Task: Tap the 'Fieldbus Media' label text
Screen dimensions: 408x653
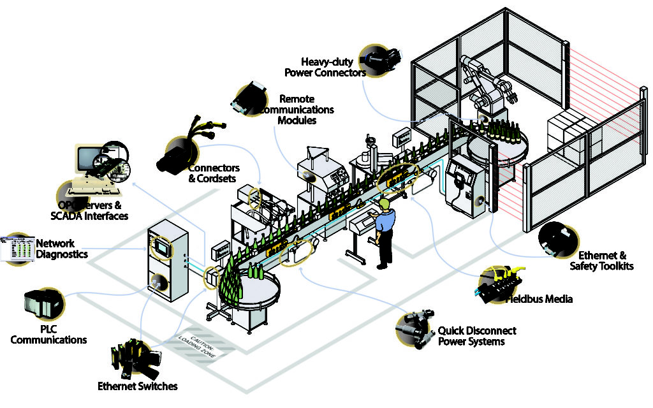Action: pyautogui.click(x=539, y=298)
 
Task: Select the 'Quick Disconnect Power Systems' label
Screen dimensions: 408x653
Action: pyautogui.click(x=476, y=336)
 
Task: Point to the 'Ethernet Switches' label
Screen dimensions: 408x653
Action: pyautogui.click(x=137, y=386)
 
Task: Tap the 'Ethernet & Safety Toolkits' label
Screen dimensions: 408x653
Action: pyautogui.click(x=601, y=260)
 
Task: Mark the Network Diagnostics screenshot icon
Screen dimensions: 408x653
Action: pyautogui.click(x=17, y=248)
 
